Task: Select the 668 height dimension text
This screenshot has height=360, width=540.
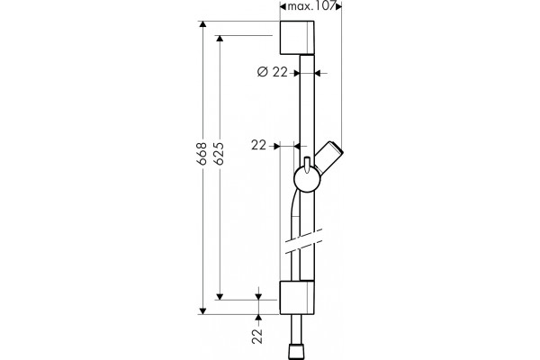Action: point(202,153)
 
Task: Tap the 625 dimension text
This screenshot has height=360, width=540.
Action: point(220,153)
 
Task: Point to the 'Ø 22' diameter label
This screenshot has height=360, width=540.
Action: point(273,72)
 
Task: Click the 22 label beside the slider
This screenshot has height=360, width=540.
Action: point(258,146)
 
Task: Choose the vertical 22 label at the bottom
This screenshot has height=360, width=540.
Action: point(257,336)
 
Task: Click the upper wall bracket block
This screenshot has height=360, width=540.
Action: point(296,38)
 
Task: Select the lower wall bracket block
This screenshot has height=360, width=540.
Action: point(296,298)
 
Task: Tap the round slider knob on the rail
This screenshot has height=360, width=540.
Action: point(307,179)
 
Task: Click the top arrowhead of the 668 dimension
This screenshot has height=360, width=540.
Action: point(202,24)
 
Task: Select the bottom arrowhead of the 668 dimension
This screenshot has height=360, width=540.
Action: point(202,310)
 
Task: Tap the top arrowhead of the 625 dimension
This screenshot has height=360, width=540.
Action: point(220,39)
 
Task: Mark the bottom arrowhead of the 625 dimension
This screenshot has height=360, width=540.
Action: point(220,296)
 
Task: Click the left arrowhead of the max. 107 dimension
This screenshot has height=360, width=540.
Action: point(283,6)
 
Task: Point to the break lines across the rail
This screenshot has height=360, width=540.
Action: point(303,241)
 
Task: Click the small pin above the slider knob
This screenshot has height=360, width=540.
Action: point(307,164)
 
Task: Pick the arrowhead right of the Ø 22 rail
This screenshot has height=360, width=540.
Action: point(318,73)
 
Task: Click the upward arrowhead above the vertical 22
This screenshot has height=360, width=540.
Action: point(258,318)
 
